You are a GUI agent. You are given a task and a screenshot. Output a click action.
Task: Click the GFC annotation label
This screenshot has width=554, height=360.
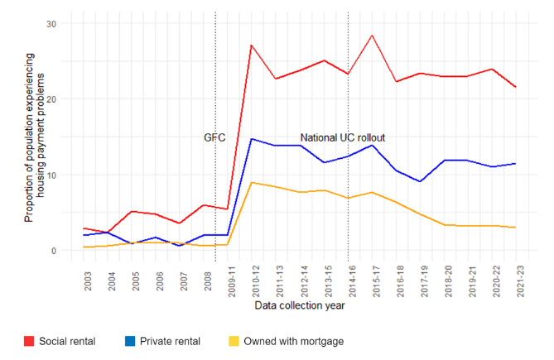point(214,137)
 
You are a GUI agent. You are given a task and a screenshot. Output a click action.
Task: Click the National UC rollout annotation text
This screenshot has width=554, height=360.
point(342,137)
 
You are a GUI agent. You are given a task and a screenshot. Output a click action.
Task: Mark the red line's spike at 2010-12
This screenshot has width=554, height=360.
point(252,45)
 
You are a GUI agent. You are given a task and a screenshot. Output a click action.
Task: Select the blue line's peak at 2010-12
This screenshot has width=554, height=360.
point(252,139)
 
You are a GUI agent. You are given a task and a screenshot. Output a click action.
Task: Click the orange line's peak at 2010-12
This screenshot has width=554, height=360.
point(252,182)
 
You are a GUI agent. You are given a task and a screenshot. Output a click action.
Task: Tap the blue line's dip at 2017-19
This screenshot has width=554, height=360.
point(421,181)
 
